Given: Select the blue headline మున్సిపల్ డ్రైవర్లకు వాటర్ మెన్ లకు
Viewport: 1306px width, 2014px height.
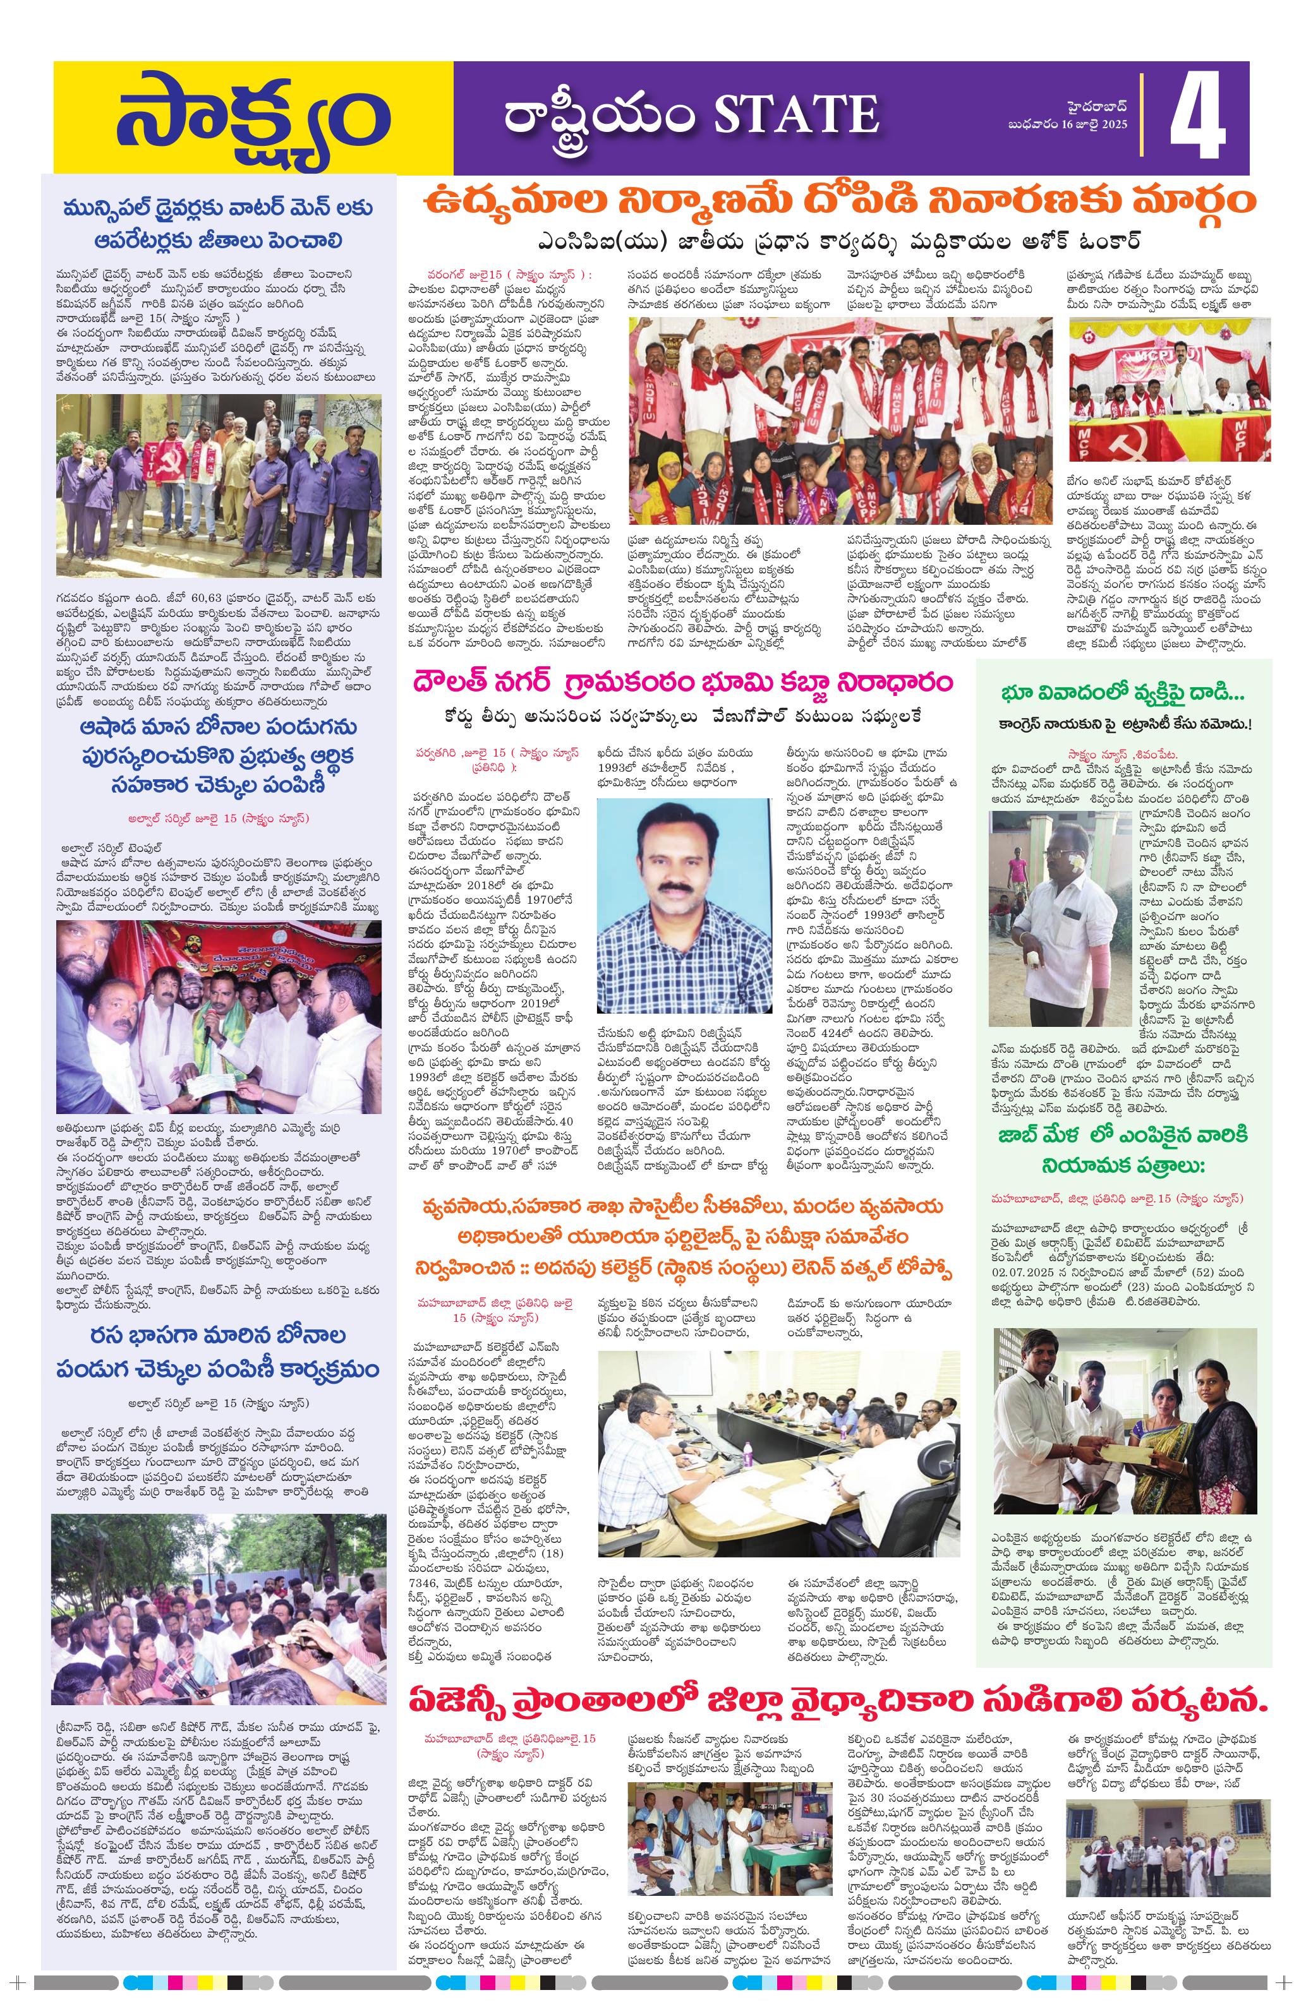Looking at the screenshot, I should pyautogui.click(x=219, y=209).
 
